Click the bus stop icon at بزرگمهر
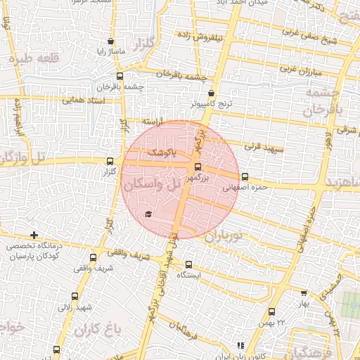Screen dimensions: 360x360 [198, 167]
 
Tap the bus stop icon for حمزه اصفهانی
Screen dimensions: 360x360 [245, 176]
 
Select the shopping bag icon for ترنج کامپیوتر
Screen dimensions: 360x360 [212, 93]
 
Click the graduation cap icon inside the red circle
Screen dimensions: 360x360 [148, 214]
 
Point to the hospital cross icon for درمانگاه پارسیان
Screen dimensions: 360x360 [34, 235]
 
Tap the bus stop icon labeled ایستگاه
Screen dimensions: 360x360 [188, 265]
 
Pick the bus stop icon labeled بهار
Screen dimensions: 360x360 [304, 293]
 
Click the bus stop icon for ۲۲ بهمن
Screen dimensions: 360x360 [273, 311]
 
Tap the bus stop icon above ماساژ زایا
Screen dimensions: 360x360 [111, 41]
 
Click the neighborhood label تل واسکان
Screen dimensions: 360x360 [153, 186]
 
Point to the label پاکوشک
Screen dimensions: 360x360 [161, 152]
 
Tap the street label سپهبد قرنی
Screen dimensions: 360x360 [262, 148]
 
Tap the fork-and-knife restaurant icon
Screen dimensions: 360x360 [240, 345]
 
